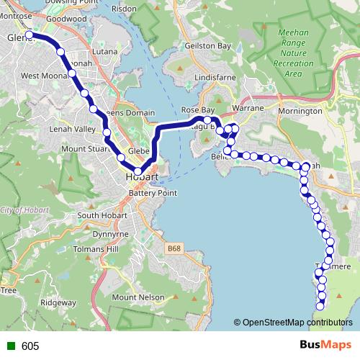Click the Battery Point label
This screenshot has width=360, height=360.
click(x=152, y=194)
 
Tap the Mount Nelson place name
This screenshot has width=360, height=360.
click(x=134, y=297)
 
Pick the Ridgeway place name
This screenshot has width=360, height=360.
click(x=57, y=302)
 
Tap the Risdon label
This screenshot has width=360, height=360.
click(x=144, y=8)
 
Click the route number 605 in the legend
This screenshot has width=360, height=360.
click(x=30, y=346)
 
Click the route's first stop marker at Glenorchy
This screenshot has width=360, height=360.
click(x=30, y=35)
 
